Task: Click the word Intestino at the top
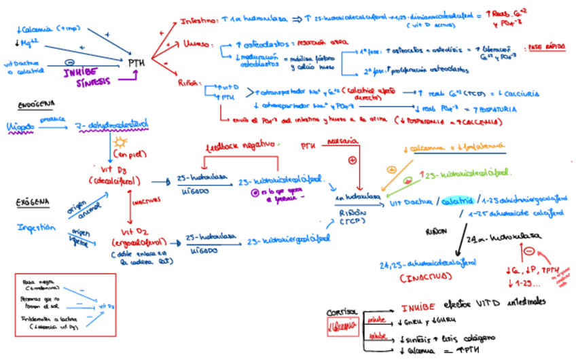coord(197,22)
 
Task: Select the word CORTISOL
coord(341,312)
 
